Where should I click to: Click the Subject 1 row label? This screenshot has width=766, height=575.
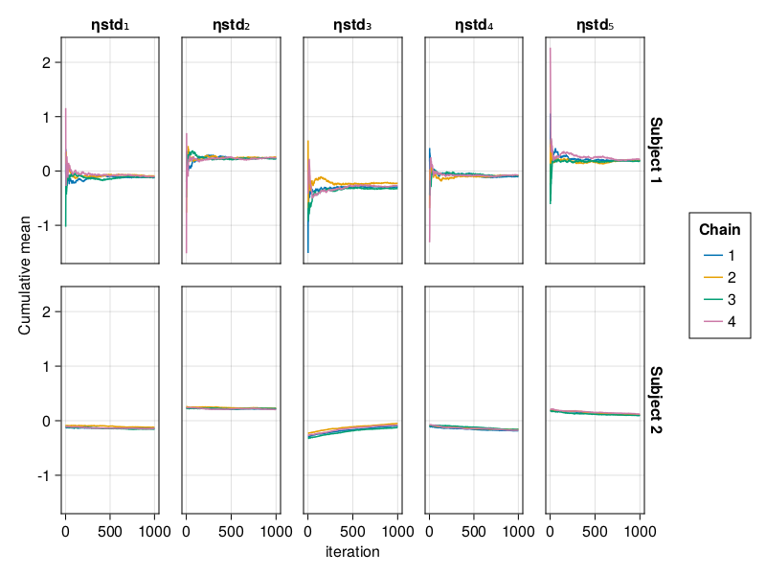click(656, 149)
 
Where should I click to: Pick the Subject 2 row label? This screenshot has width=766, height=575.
click(656, 400)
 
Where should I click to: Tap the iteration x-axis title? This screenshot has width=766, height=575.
click(352, 552)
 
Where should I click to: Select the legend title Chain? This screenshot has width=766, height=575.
click(719, 230)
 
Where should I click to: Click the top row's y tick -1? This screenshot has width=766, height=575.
click(44, 226)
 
